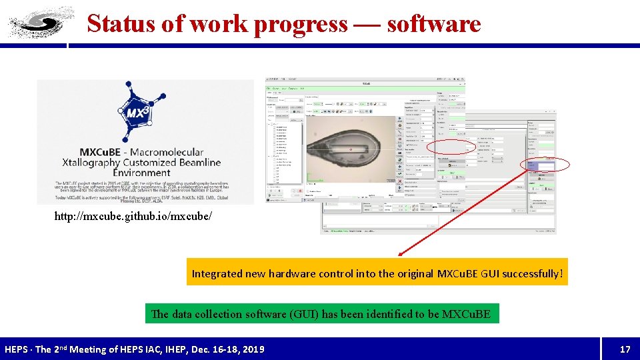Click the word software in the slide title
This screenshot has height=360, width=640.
click(x=433, y=23)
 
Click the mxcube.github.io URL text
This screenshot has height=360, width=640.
click(x=134, y=217)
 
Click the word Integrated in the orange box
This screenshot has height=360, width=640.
click(x=217, y=273)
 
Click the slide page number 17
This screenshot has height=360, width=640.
click(x=625, y=349)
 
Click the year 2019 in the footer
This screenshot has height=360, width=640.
click(x=252, y=349)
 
